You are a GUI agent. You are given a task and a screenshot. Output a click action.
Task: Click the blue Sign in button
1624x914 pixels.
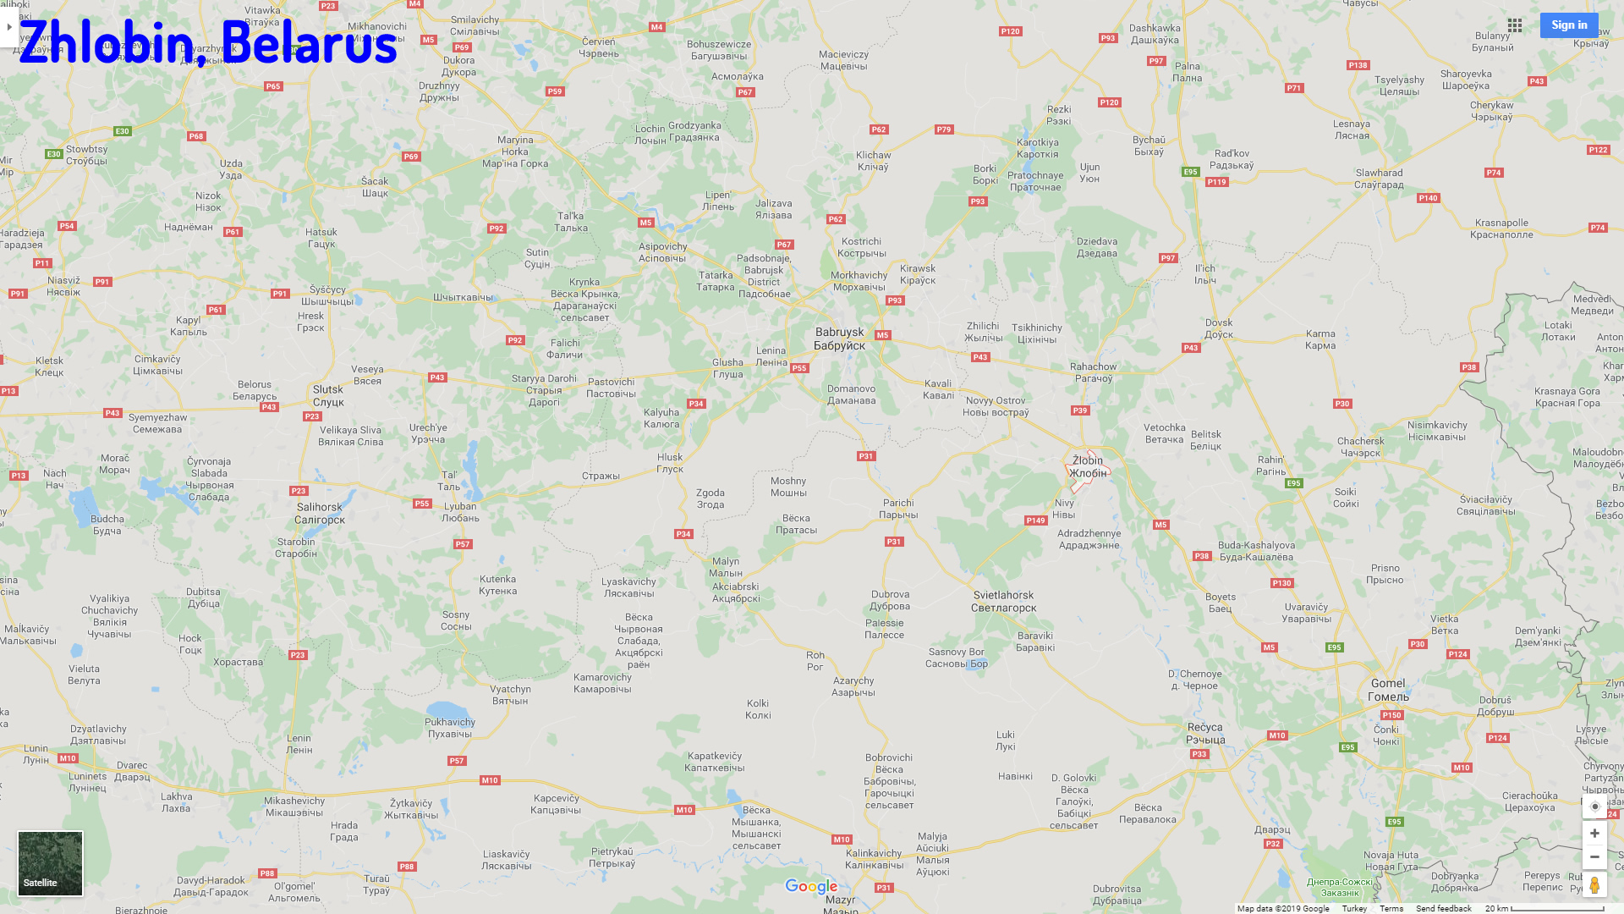1568,25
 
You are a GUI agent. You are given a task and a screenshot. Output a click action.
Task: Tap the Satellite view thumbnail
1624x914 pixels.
51,862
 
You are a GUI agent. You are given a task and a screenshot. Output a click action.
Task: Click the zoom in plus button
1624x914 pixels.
1594,834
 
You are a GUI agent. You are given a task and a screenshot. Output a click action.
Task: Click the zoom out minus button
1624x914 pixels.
1594,857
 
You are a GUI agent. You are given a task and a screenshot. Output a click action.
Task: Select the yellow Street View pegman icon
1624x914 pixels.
1594,885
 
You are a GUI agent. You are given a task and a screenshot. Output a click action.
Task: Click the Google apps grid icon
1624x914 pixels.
1515,25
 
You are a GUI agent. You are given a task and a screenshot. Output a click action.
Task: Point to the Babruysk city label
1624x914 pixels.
839,339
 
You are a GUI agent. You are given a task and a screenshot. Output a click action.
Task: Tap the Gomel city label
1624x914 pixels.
1388,690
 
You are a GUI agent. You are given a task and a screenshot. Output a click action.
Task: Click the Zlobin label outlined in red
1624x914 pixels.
1088,466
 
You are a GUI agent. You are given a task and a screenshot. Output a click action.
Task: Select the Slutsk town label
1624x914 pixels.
328,395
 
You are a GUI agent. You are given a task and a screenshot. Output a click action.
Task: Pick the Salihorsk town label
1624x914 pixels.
320,513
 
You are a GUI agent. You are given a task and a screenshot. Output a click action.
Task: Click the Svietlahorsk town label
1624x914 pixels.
1003,601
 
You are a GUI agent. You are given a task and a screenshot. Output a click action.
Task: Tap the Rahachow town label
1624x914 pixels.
1093,372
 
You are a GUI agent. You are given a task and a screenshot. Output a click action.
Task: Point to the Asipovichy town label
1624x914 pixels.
662,252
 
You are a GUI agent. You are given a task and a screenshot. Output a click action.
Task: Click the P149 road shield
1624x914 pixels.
1036,520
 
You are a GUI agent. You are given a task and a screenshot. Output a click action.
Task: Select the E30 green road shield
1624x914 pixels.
123,131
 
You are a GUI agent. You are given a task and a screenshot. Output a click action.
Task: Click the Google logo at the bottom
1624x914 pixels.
811,886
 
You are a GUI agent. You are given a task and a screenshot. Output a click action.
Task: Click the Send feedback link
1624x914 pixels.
1443,908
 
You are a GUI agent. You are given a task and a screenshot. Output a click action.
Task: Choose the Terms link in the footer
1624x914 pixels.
1391,908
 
